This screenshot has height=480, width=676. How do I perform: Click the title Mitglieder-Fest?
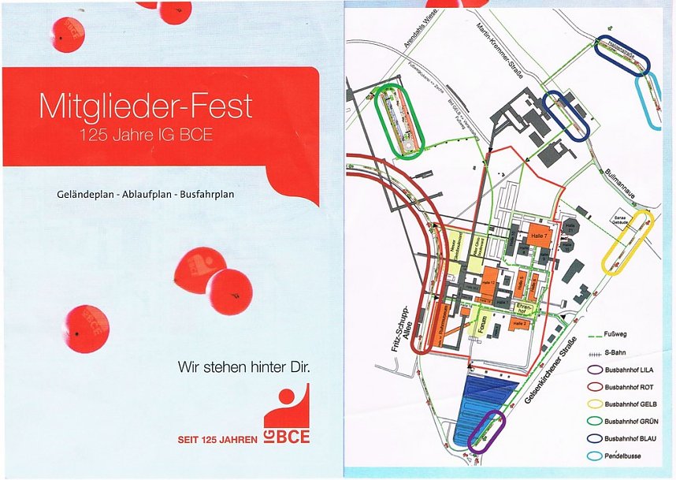tap(146, 106)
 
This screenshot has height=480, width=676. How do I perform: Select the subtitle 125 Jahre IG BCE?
tap(146, 135)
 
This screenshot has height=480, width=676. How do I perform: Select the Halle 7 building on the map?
tap(540, 236)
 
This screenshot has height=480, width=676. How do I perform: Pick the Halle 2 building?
tap(519, 324)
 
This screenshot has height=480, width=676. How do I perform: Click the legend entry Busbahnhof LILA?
tap(629, 369)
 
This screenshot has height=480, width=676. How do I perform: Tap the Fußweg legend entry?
tap(616, 334)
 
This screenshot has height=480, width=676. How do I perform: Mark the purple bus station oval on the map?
tap(485, 432)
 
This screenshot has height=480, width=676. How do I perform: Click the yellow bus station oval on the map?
tap(628, 241)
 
